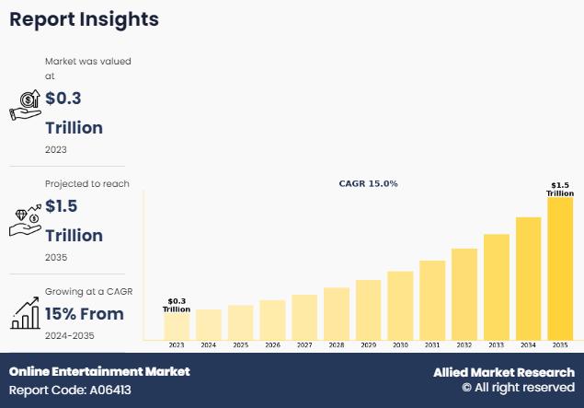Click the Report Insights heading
pyautogui.click(x=84, y=18)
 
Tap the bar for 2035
pyautogui.click(x=560, y=268)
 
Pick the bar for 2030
pyautogui.click(x=400, y=305)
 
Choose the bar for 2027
pyautogui.click(x=304, y=317)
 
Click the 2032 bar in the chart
pyautogui.click(x=464, y=294)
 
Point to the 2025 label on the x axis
pyautogui.click(x=240, y=345)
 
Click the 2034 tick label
pyautogui.click(x=528, y=345)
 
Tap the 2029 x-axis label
pyautogui.click(x=368, y=345)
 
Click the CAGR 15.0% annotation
pyautogui.click(x=369, y=183)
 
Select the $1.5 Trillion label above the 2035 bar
pyautogui.click(x=560, y=189)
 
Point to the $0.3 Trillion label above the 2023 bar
pyautogui.click(x=177, y=305)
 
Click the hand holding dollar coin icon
pyautogui.click(x=25, y=105)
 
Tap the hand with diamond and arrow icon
pyautogui.click(x=25, y=218)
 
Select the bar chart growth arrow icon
pyautogui.click(x=25, y=314)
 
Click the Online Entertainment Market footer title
pyautogui.click(x=99, y=371)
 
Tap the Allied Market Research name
pyautogui.click(x=504, y=372)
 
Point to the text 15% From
pyautogui.click(x=85, y=313)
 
